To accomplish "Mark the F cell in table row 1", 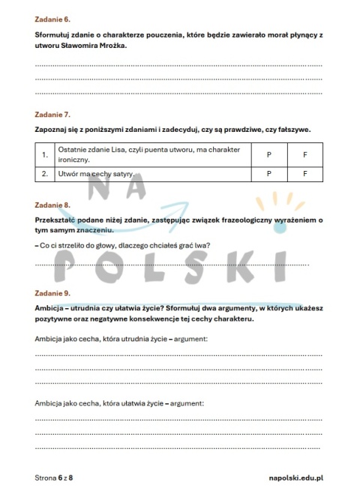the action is [304, 154].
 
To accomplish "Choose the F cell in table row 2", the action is [304, 174].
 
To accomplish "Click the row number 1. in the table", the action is [46, 154].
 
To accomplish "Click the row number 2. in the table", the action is [46, 174].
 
